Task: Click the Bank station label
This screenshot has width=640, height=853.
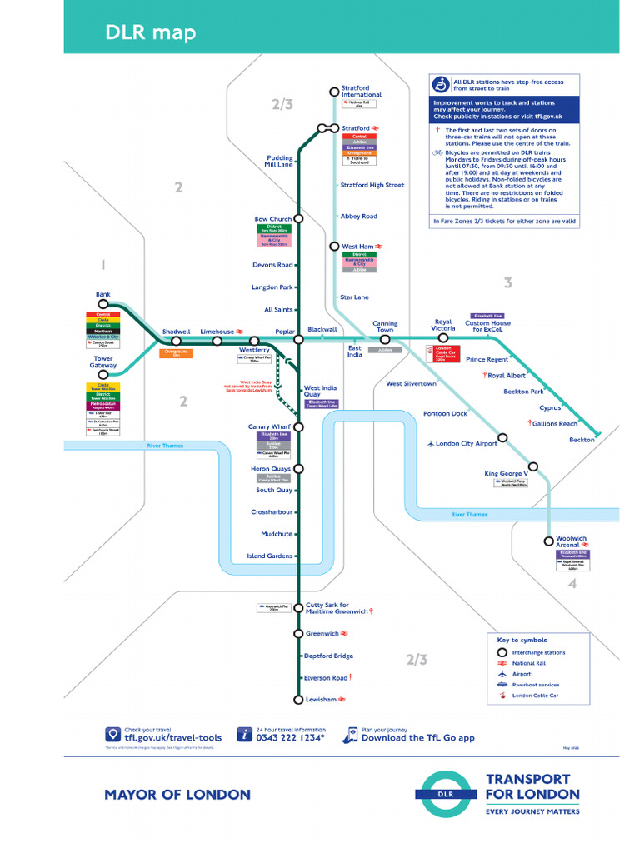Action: point(103,294)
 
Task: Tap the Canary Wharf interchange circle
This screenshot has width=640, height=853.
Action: point(298,426)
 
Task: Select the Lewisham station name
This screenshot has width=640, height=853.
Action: point(321,699)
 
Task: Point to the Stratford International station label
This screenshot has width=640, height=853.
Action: point(362,91)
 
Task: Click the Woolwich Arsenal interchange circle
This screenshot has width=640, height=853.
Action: point(548,540)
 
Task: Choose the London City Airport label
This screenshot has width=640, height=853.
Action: point(467,444)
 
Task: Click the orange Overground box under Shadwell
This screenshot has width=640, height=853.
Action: point(176,353)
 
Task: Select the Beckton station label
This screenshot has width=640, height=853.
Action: point(582,439)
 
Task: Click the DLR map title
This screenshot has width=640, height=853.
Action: point(151,32)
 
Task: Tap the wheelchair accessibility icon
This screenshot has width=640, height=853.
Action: point(441,84)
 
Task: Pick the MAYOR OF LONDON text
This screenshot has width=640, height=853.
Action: point(177,794)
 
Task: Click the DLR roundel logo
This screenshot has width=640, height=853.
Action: point(447,794)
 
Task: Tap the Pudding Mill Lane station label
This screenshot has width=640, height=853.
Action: point(279,161)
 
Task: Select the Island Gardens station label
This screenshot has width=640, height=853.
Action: point(269,556)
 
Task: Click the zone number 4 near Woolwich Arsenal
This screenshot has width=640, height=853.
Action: point(572,584)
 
